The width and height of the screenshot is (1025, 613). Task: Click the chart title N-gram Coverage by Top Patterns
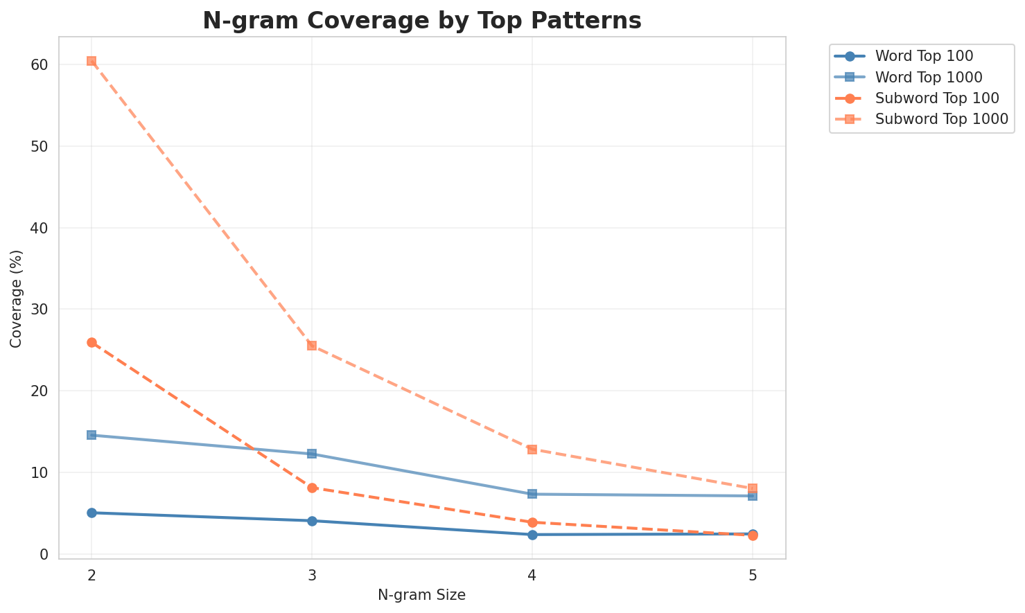click(x=421, y=21)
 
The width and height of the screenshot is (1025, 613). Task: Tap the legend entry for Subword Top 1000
click(x=940, y=118)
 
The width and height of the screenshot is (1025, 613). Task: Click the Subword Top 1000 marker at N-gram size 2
click(x=91, y=61)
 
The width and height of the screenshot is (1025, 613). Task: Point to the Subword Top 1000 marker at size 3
click(x=312, y=346)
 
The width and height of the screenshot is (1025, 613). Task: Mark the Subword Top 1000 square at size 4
click(x=532, y=450)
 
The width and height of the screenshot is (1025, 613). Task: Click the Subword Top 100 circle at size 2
click(x=91, y=342)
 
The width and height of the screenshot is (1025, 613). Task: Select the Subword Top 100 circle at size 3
click(x=312, y=488)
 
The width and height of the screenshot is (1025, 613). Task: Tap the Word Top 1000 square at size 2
click(x=91, y=435)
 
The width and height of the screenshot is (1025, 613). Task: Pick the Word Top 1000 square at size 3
click(x=312, y=454)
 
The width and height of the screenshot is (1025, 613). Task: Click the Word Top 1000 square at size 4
click(x=532, y=494)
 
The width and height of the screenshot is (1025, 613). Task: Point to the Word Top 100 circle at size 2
click(x=91, y=513)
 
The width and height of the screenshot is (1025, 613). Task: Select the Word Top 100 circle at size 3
click(x=312, y=521)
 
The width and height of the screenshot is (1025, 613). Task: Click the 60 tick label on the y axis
click(x=39, y=64)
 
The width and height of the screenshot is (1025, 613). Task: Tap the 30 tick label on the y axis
click(x=39, y=310)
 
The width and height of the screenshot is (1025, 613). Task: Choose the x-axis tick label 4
click(x=532, y=576)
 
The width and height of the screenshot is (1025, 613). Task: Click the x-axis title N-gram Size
click(x=421, y=595)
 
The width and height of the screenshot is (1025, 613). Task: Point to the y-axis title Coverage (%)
click(x=16, y=298)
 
